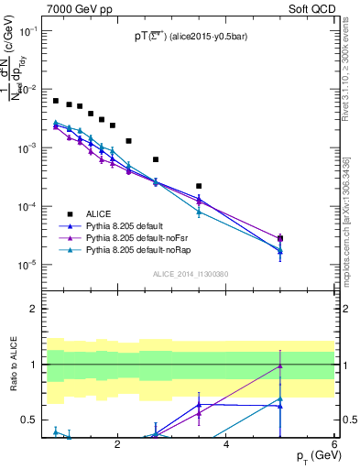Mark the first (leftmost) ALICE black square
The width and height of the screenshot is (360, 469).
point(56,101)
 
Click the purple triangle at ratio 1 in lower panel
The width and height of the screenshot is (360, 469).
point(280,365)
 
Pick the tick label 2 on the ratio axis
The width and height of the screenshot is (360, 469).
point(33,309)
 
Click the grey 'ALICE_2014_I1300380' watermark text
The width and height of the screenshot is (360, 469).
point(190,273)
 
